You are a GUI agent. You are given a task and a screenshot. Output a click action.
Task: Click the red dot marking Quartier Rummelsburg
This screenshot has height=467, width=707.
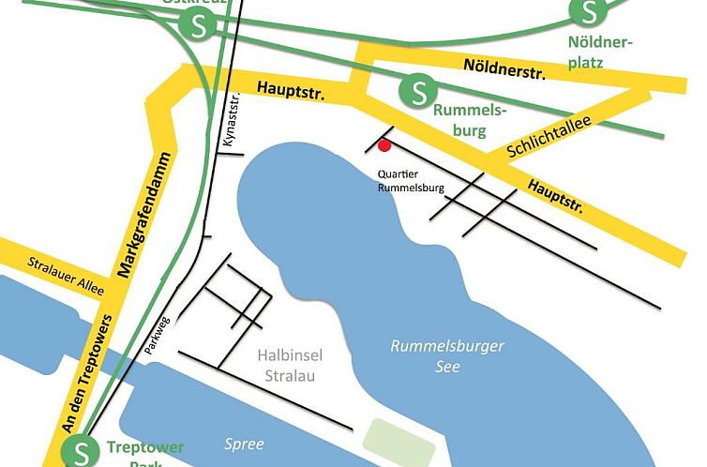point(384,144)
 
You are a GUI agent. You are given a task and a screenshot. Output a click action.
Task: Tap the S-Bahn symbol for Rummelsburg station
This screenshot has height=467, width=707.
point(415,91)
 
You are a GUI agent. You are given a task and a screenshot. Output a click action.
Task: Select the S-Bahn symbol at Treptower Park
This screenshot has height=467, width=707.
point(79,452)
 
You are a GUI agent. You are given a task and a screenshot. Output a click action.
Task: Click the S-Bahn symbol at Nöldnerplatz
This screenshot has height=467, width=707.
point(588,12)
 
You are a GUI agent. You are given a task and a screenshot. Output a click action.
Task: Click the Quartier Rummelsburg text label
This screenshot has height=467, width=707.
point(411,181)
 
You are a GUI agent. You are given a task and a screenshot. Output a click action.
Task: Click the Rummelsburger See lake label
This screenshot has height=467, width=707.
point(447,356)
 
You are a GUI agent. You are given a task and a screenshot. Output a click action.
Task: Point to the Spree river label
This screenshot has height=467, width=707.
point(244,444)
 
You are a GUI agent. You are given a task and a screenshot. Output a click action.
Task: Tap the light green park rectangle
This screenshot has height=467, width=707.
point(401,441)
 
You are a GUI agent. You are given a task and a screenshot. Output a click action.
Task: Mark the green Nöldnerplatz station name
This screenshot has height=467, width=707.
point(601,53)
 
